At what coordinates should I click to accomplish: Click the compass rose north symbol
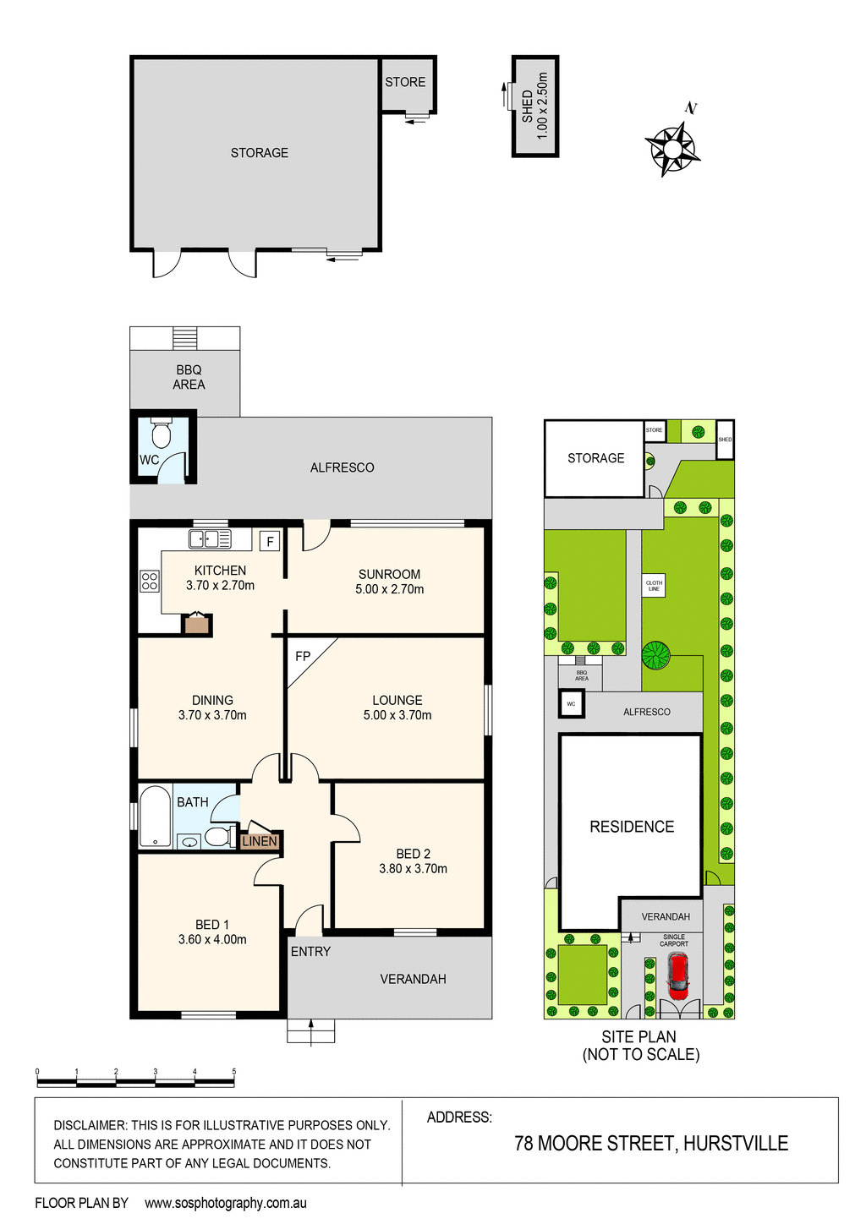pyautogui.click(x=672, y=147)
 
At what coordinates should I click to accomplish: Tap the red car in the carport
pyautogui.click(x=677, y=974)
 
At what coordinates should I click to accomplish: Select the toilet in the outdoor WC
pyautogui.click(x=161, y=434)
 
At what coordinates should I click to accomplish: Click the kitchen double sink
pyautogui.click(x=210, y=538)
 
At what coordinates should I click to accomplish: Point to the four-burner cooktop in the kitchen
pyautogui.click(x=149, y=581)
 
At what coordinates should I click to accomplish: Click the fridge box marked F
pyautogui.click(x=270, y=541)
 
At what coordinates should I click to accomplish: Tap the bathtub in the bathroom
pyautogui.click(x=155, y=817)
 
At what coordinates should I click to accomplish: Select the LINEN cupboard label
pyautogui.click(x=260, y=841)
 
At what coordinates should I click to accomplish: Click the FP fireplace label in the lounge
pyautogui.click(x=303, y=656)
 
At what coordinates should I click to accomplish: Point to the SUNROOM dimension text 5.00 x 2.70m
pyautogui.click(x=389, y=589)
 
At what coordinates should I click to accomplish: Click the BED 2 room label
pyautogui.click(x=413, y=854)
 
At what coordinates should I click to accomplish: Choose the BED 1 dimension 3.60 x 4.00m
pyautogui.click(x=212, y=939)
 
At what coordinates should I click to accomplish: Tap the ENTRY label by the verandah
pyautogui.click(x=310, y=951)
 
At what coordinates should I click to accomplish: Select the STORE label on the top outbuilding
pyautogui.click(x=405, y=82)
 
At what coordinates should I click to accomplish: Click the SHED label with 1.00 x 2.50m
pyautogui.click(x=534, y=107)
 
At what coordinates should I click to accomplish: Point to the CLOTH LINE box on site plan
pyautogui.click(x=654, y=586)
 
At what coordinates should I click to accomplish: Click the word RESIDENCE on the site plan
pyautogui.click(x=632, y=827)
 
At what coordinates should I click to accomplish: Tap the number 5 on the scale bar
pyautogui.click(x=234, y=1072)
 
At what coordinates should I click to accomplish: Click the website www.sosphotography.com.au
pyautogui.click(x=226, y=1203)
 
